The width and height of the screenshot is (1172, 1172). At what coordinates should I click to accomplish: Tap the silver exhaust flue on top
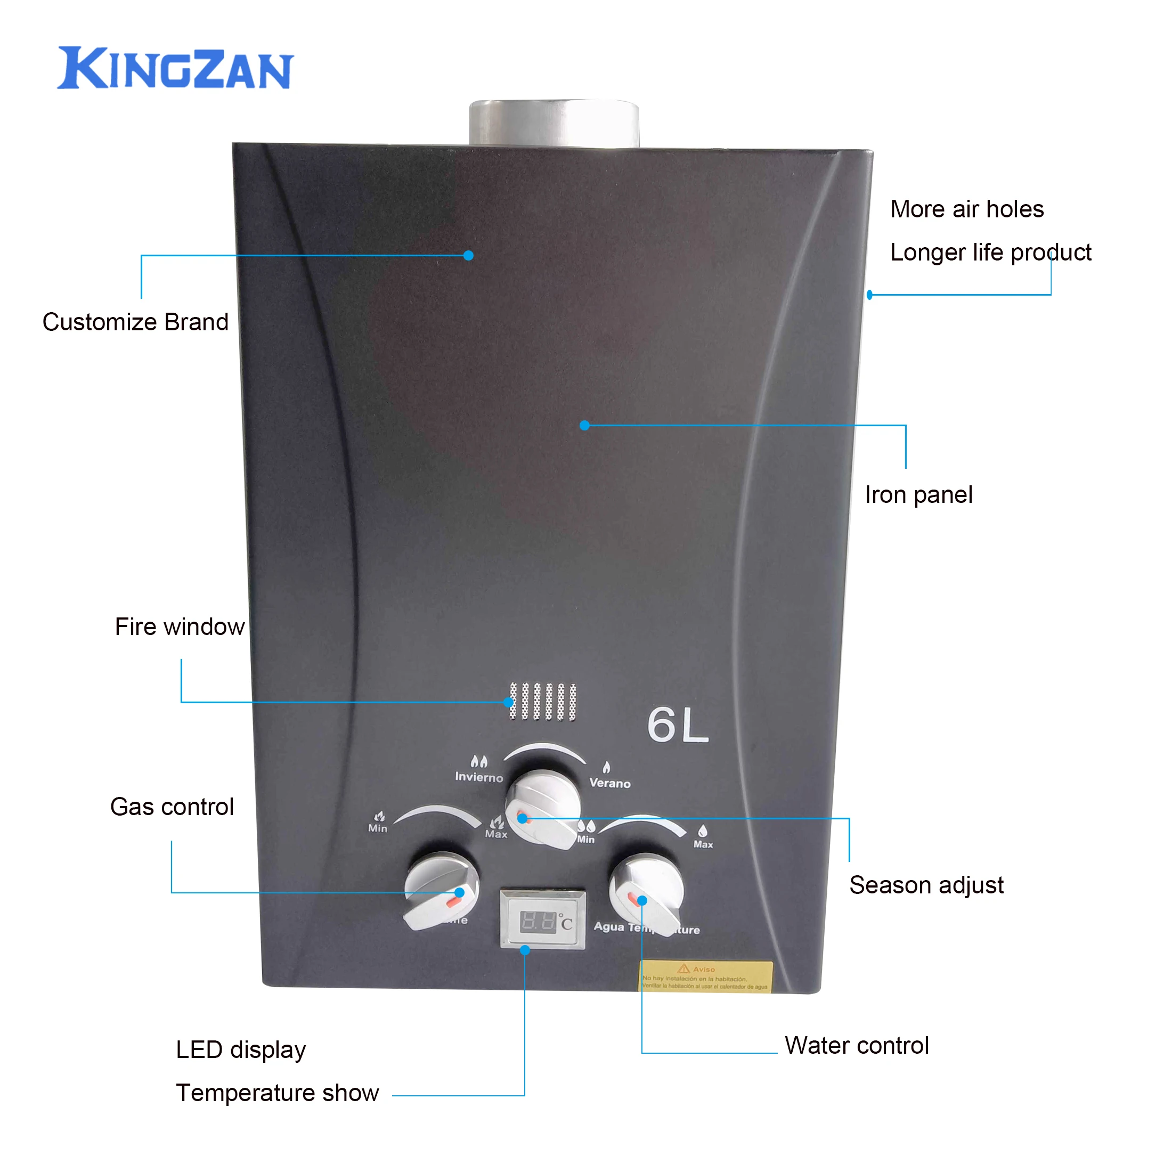point(554,123)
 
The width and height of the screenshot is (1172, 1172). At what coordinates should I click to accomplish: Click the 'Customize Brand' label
point(135,322)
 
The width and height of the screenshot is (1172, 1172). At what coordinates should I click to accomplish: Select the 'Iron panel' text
point(918,495)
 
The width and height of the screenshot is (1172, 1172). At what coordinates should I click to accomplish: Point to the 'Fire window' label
point(180,626)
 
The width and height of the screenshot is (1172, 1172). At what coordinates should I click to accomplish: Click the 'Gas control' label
point(172,807)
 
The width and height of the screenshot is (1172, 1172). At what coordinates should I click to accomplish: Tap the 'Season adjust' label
point(926,885)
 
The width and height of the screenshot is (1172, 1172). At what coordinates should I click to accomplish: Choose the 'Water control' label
point(857,1045)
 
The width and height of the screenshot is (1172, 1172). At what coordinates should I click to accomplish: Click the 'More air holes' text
point(967,209)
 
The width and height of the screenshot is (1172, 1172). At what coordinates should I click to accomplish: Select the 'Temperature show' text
point(277,1093)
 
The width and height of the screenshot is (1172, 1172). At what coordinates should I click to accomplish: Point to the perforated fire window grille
point(542,702)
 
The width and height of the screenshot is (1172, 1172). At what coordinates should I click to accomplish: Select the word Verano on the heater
point(609,783)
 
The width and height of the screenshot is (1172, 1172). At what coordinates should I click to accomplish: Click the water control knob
point(647,892)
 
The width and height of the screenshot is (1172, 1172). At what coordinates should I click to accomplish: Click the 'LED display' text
point(241,1049)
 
